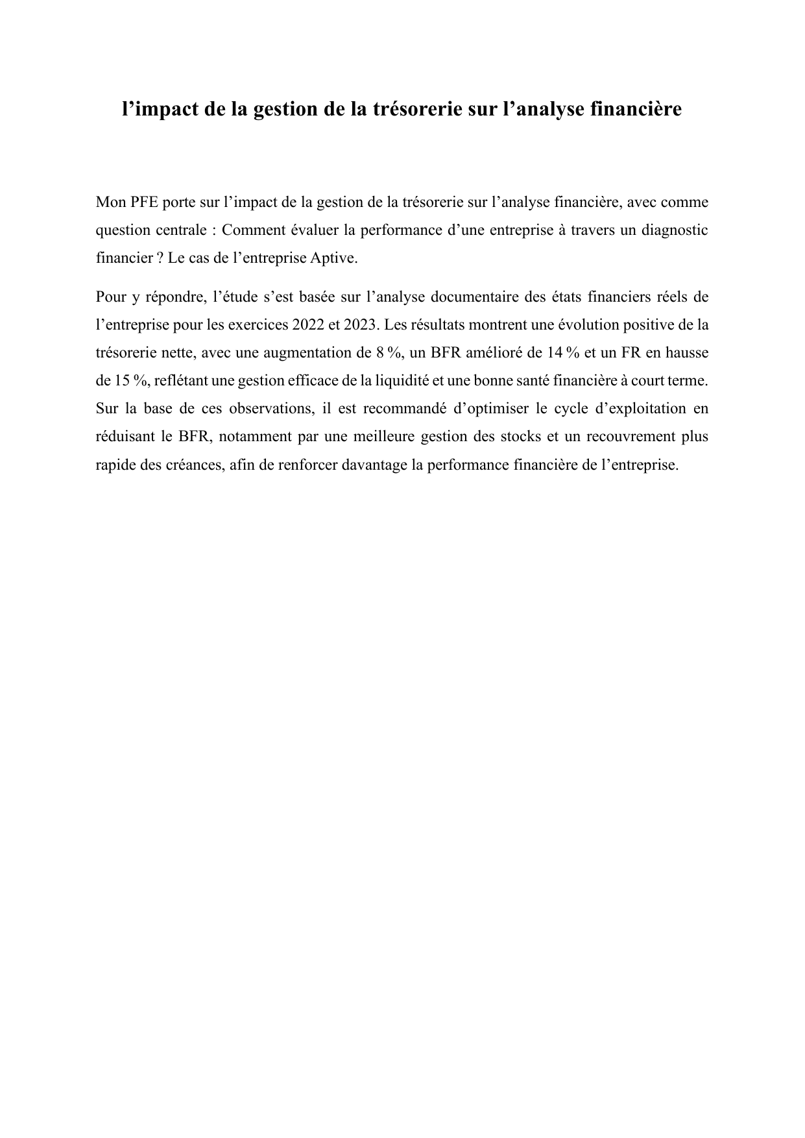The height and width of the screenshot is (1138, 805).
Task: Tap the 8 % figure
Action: (388, 352)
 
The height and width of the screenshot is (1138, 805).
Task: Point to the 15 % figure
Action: (125, 380)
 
